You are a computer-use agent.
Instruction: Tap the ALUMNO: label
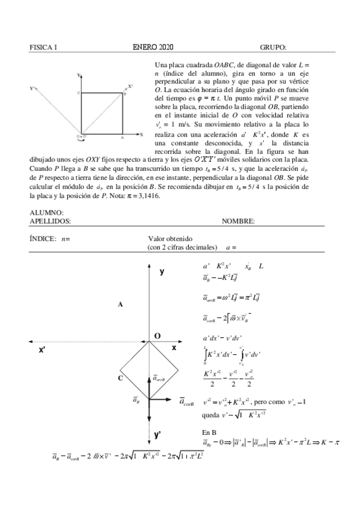tap(46, 213)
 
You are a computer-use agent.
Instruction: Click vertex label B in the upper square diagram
tap(124, 94)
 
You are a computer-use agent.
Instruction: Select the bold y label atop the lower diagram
tap(162, 271)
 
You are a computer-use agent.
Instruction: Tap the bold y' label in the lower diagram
tap(157, 434)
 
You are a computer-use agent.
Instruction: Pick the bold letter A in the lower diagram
tap(120, 304)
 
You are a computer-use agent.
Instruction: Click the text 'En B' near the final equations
tap(210, 432)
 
